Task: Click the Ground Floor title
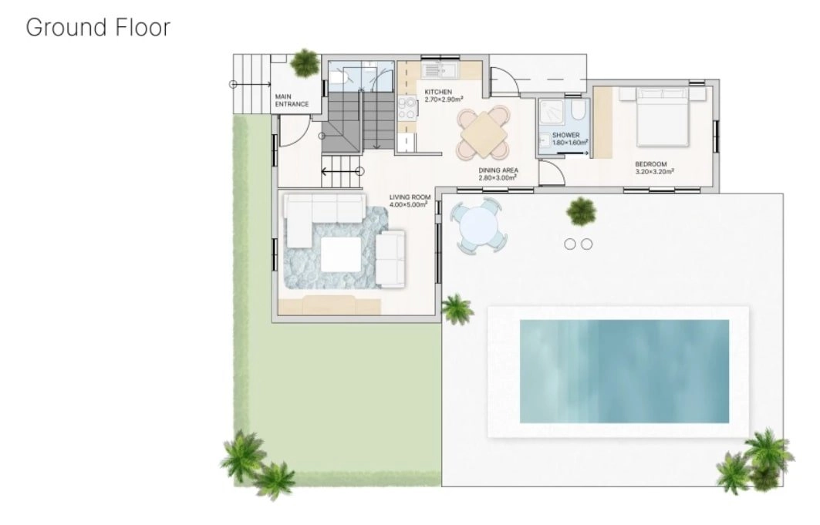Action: click(98, 28)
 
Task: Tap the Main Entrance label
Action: click(292, 100)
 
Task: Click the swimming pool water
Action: click(624, 371)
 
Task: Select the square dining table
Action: click(484, 133)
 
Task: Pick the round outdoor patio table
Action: click(479, 226)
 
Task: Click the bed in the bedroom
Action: click(662, 116)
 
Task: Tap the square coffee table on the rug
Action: click(341, 254)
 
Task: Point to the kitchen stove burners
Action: click(407, 108)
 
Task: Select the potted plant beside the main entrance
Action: click(305, 62)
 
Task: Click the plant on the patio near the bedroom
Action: click(581, 211)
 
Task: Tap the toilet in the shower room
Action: click(579, 109)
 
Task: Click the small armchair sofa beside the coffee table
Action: click(390, 258)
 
